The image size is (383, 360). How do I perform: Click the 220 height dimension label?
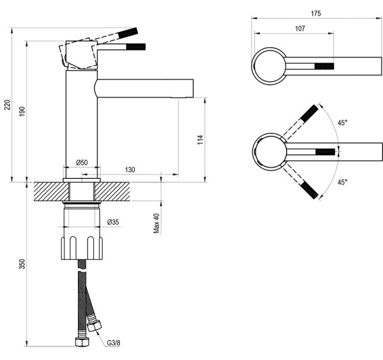tap(7, 105)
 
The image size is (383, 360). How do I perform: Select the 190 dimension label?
tap(22, 111)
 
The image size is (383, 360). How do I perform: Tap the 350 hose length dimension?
tap(22, 264)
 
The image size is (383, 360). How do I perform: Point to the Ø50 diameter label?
tap(82, 162)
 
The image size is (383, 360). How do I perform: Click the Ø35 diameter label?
tap(113, 222)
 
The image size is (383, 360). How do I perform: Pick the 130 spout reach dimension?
tap(130, 170)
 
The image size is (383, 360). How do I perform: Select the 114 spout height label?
tap(200, 140)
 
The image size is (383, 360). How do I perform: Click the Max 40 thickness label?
tap(156, 223)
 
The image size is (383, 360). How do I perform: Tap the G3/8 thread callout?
tap(114, 343)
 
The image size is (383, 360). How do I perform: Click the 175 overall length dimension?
tap(316, 13)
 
